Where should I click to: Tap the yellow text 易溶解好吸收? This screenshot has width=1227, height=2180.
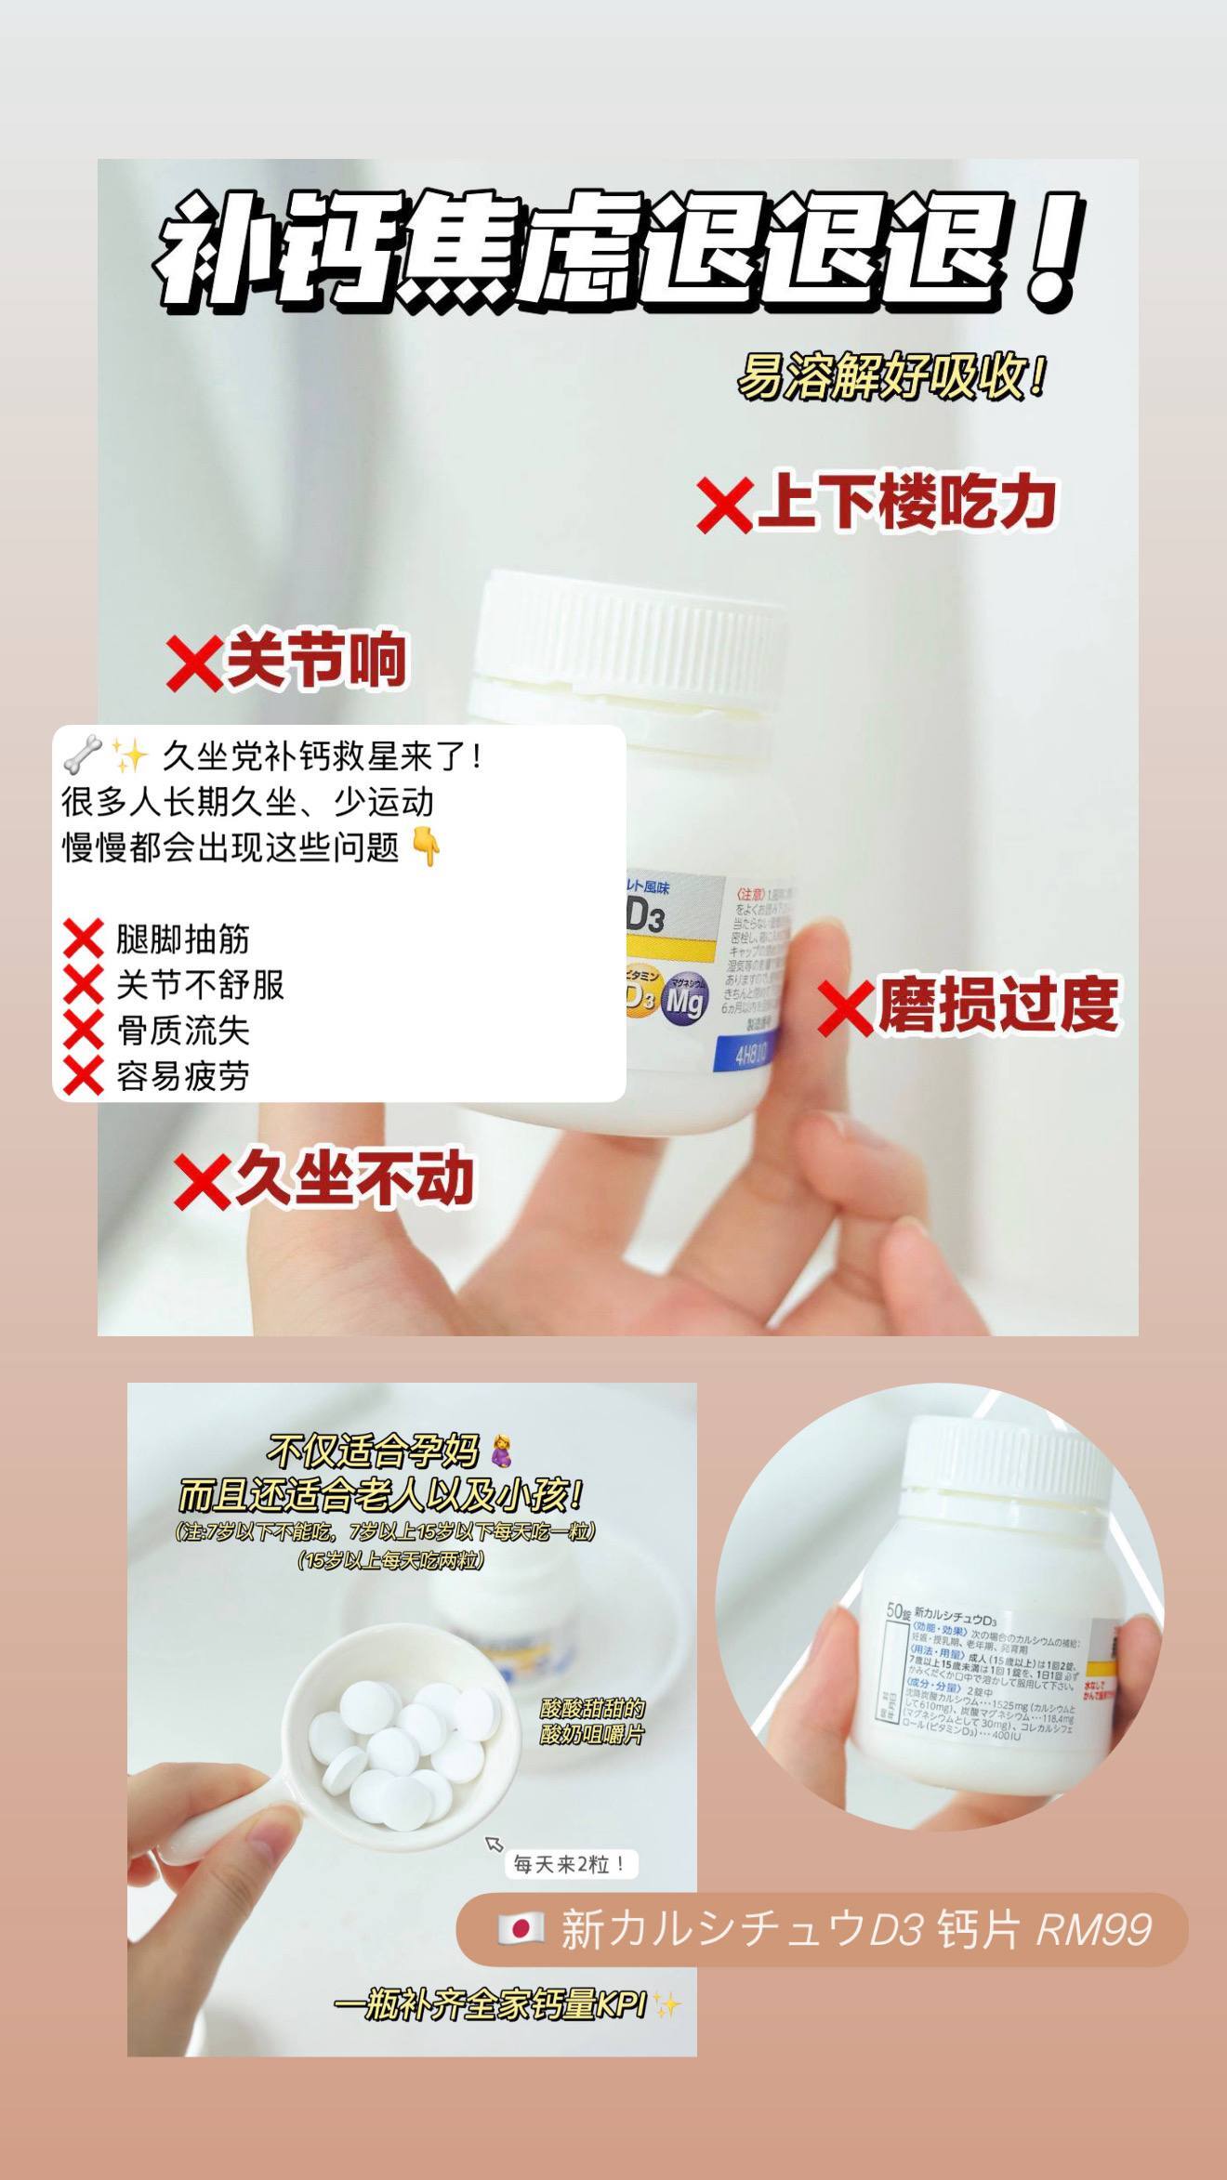(x=891, y=376)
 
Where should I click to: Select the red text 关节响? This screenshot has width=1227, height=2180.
(x=316, y=660)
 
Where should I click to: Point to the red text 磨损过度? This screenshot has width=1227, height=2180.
(x=997, y=1005)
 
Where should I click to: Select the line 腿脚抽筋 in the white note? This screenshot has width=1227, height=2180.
(x=182, y=939)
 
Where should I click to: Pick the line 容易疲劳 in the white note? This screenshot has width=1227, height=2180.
(x=182, y=1076)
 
